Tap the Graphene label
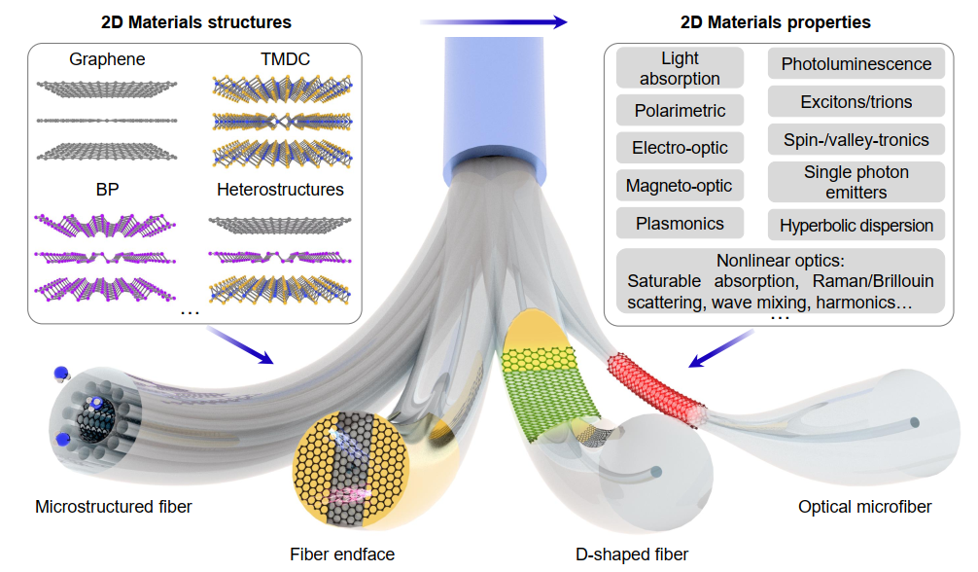point(107,59)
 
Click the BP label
point(107,189)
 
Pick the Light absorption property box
point(681,69)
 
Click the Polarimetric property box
point(681,111)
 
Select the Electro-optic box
point(681,149)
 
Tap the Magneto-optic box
point(681,185)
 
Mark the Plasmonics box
point(681,224)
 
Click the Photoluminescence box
point(856,64)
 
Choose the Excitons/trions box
point(856,101)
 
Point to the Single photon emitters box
point(856,182)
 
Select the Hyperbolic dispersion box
point(856,226)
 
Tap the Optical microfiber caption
point(864,507)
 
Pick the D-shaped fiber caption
point(632,554)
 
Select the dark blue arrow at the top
point(495,20)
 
